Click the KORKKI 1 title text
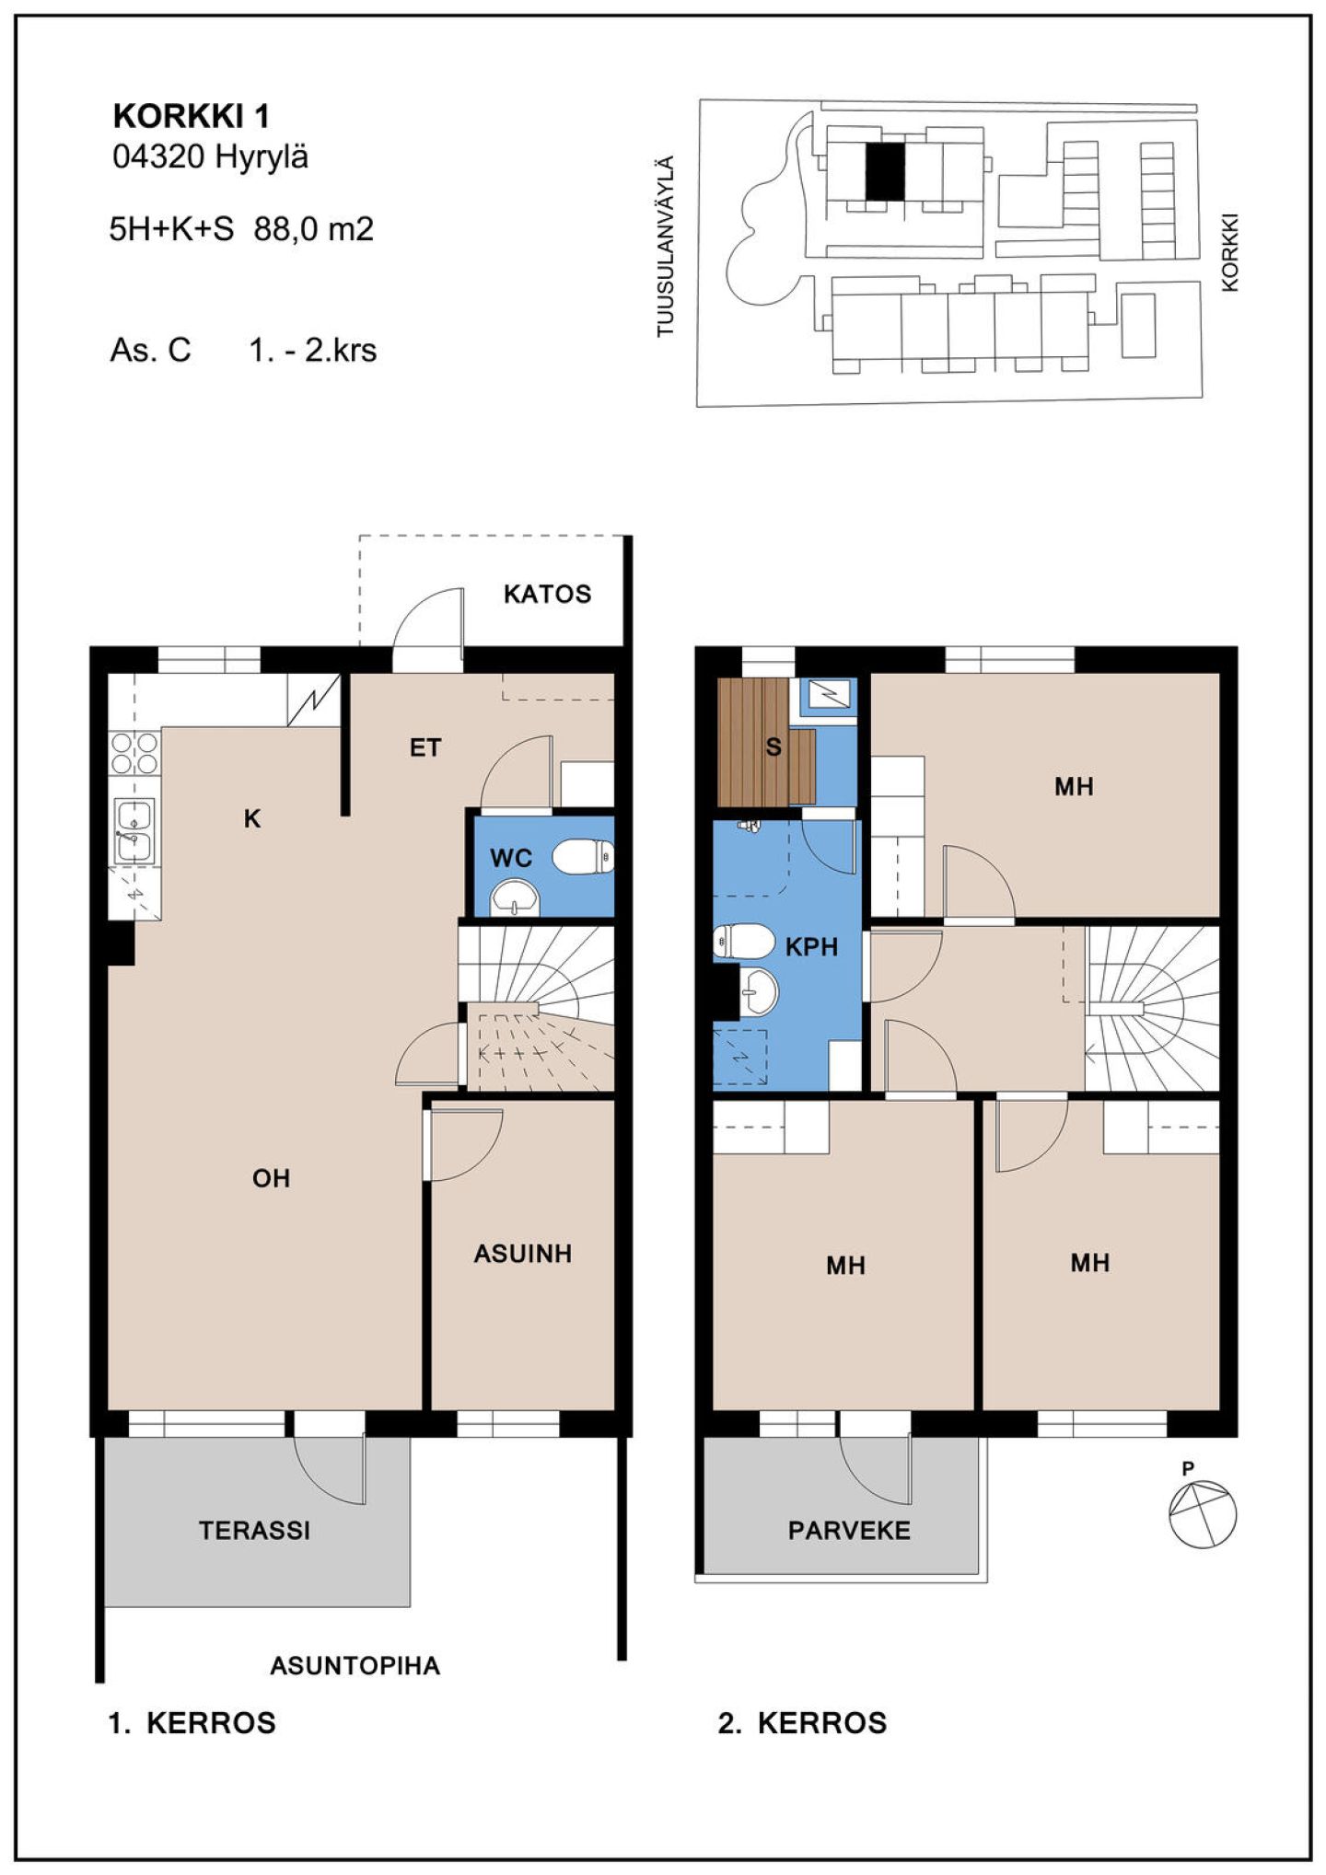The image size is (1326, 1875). click(191, 116)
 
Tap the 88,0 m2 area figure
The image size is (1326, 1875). click(313, 228)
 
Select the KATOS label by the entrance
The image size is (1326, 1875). click(547, 594)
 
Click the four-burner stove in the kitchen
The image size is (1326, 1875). click(134, 752)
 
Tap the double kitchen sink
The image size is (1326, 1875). click(134, 831)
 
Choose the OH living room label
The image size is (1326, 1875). click(271, 1178)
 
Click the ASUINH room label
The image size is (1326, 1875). click(522, 1254)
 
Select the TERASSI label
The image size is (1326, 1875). click(254, 1531)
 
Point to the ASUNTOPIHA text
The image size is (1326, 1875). click(355, 1666)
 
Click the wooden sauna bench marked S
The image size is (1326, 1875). click(766, 742)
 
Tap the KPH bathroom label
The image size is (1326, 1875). click(811, 946)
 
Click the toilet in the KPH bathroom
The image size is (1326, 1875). click(743, 942)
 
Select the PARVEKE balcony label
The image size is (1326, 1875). click(849, 1531)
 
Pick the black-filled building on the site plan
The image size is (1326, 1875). click(885, 172)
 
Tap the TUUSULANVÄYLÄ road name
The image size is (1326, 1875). click(665, 247)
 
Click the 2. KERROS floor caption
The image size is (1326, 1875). click(802, 1723)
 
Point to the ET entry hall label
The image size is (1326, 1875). click(425, 748)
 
